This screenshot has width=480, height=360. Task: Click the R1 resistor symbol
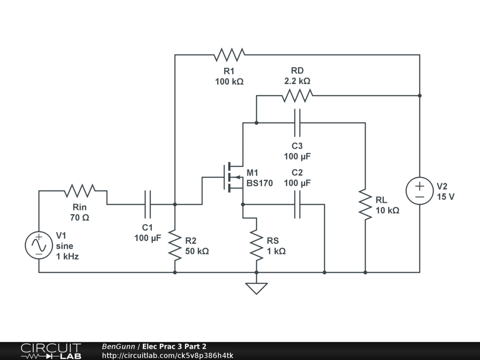tap(229, 55)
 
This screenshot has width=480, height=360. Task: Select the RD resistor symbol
tap(297, 96)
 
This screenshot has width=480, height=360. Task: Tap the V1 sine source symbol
tap(38, 245)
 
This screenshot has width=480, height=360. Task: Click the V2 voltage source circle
tap(420, 191)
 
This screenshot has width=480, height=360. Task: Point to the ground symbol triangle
tap(256, 288)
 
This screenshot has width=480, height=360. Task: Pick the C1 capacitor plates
tap(148, 204)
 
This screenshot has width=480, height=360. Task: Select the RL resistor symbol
tap(365, 204)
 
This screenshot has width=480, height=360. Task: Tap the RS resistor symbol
tap(256, 245)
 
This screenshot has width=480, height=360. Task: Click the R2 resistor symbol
tap(175, 245)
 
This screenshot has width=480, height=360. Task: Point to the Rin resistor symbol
tap(80, 191)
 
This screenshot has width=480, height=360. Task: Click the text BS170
tap(260, 183)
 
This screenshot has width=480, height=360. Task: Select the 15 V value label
tap(445, 197)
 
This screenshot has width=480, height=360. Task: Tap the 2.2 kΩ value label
tap(297, 81)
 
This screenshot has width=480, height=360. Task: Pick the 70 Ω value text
tap(79, 217)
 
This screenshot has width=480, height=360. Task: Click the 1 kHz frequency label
tap(67, 256)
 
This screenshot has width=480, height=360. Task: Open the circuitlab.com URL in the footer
tap(167, 355)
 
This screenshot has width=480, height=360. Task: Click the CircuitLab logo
tap(51, 351)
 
